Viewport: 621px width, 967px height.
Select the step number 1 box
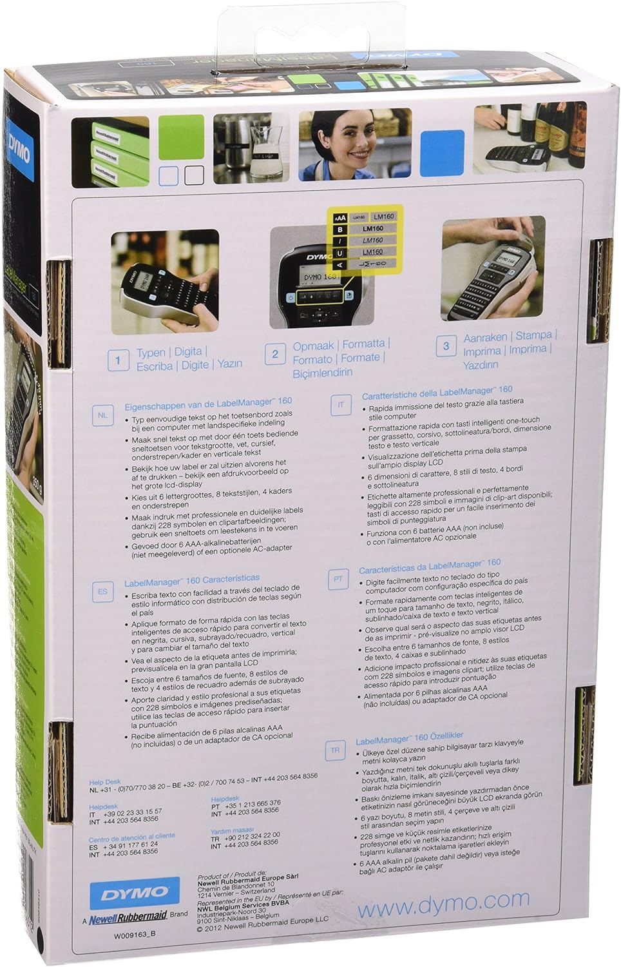click(118, 360)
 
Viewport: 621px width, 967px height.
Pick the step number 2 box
click(275, 354)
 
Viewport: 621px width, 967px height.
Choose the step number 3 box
click(446, 346)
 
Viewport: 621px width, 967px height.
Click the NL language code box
click(102, 415)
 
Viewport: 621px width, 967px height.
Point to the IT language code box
click(341, 405)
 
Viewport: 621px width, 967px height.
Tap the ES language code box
click(102, 591)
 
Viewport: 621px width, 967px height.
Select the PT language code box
click(338, 579)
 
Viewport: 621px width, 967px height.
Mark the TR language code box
click(335, 750)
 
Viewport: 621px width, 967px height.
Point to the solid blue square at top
click(442, 153)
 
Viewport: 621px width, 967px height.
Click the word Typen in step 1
click(151, 353)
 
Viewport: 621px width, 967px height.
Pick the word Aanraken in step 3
click(485, 337)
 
